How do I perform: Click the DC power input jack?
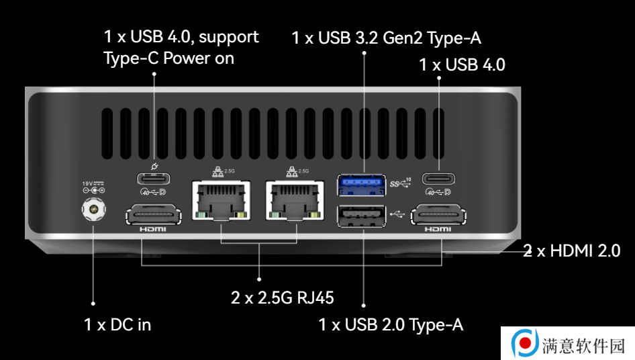(93, 209)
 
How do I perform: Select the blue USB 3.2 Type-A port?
(361, 185)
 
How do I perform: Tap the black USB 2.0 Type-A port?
(361, 216)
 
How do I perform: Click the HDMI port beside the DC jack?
(154, 215)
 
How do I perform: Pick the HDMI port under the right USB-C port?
(438, 215)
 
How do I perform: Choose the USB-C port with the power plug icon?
(154, 179)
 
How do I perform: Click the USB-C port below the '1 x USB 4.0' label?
(438, 179)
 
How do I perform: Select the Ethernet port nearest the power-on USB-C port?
(221, 201)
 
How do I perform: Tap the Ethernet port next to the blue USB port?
(295, 201)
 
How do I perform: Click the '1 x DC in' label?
(117, 324)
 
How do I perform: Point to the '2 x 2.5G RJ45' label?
(283, 298)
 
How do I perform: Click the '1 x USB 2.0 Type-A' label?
(391, 324)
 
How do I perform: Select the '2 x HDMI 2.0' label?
(572, 251)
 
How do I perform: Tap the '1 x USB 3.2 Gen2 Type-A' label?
(387, 38)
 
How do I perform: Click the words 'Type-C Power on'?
(169, 58)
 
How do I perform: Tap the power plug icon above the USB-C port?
(154, 166)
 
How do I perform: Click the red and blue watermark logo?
(524, 343)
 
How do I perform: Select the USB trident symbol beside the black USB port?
(397, 214)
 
